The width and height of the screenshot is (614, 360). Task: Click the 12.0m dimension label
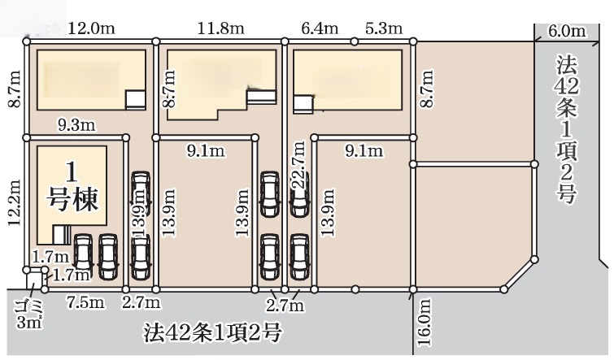click(92, 28)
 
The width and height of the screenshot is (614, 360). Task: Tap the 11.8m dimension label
click(220, 28)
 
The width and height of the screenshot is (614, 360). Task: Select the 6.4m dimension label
click(320, 28)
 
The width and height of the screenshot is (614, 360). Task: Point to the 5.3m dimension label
click(384, 28)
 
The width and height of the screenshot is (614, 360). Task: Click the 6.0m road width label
click(567, 31)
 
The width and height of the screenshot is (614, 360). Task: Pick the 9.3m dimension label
click(76, 125)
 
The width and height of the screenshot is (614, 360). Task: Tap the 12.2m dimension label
click(15, 202)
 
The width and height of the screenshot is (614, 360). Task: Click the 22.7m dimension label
click(298, 165)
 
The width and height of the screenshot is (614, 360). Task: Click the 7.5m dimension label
click(85, 302)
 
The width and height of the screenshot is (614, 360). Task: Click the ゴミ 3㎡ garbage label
click(30, 314)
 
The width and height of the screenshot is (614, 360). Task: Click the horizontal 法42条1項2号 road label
click(212, 333)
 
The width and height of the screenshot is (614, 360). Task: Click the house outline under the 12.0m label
click(91, 80)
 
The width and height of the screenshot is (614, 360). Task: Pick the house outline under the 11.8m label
click(222, 85)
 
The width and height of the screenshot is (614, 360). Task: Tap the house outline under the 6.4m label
click(348, 81)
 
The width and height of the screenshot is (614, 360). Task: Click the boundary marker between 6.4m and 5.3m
click(355, 41)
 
